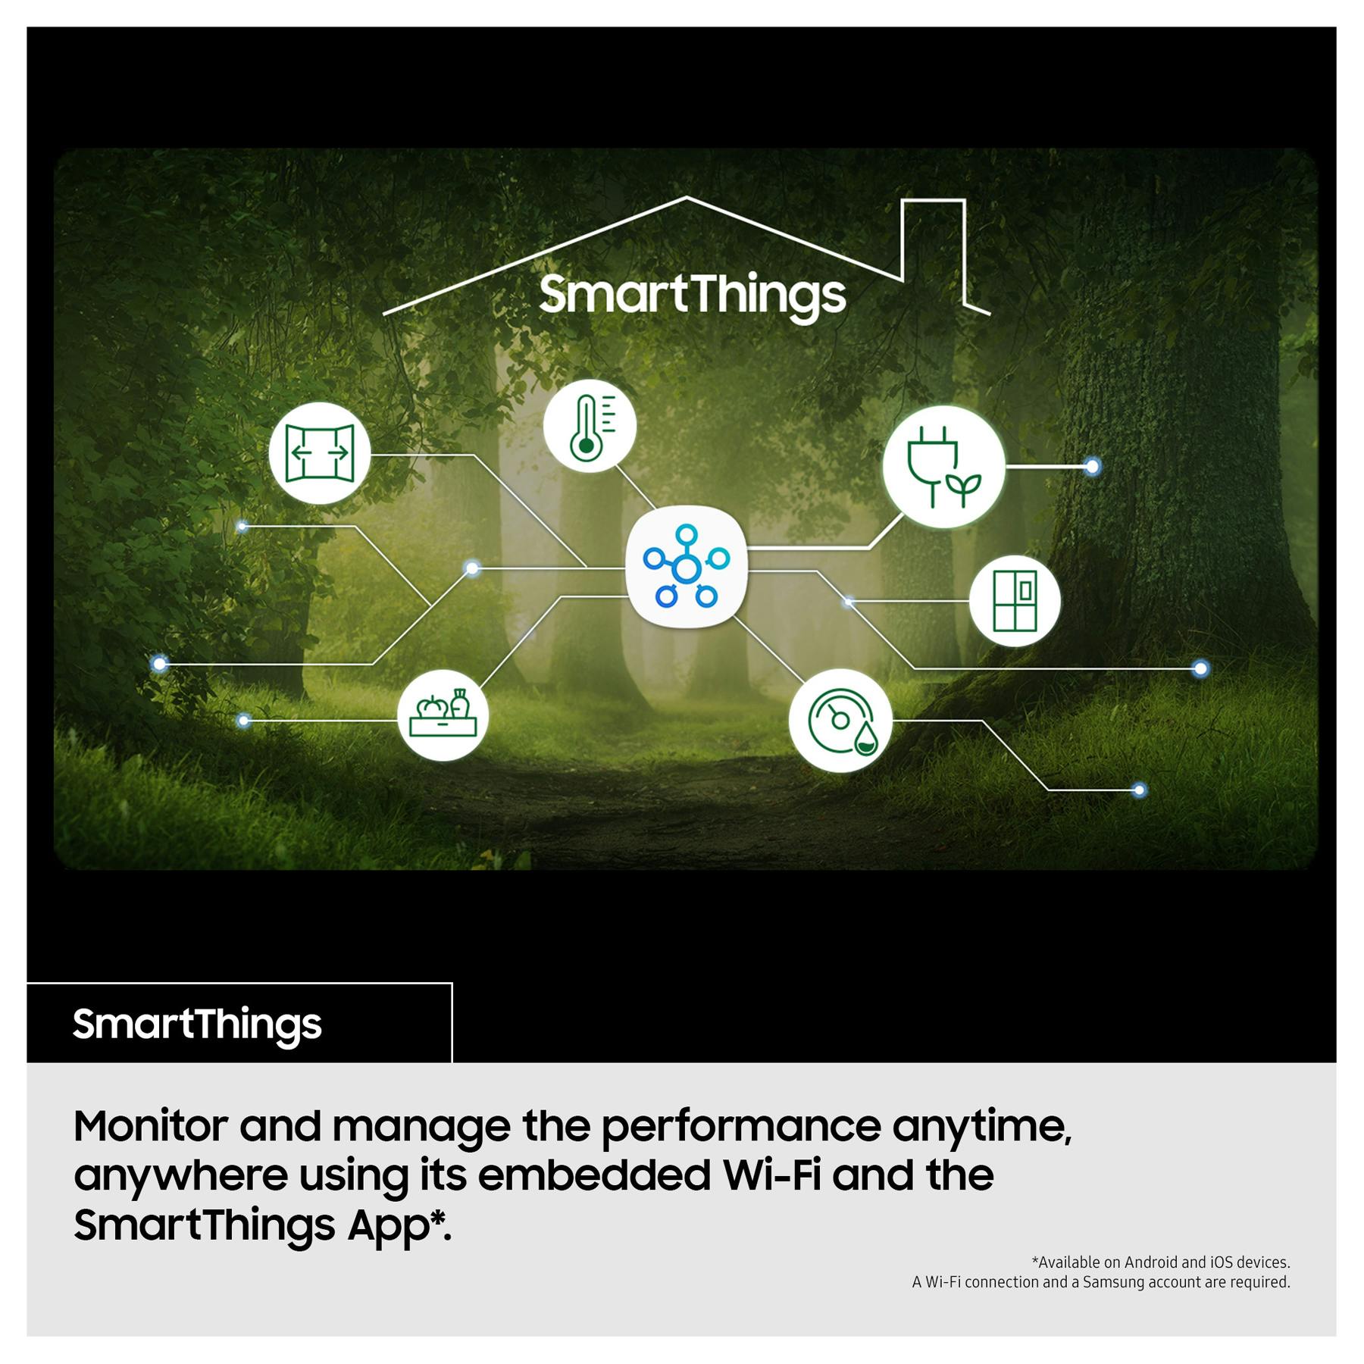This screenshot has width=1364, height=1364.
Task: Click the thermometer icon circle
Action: pyautogui.click(x=590, y=426)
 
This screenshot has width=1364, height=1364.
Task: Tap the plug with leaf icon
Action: pyautogui.click(x=943, y=466)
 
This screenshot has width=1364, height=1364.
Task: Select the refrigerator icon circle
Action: pyautogui.click(x=1015, y=601)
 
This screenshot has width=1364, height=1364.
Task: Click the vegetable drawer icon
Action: pyautogui.click(x=443, y=715)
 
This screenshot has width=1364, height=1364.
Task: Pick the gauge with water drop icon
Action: pyautogui.click(x=840, y=721)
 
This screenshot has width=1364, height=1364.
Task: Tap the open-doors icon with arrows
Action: pyautogui.click(x=320, y=453)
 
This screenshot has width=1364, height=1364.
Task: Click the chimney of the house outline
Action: pyautogui.click(x=933, y=201)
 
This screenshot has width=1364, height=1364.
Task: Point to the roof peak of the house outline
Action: pyautogui.click(x=687, y=198)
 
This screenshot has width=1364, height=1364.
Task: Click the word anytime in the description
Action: pyautogui.click(x=982, y=1128)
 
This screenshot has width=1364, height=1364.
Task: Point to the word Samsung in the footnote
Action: pyautogui.click(x=1113, y=1282)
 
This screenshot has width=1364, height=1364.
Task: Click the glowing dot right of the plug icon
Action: pyautogui.click(x=1092, y=467)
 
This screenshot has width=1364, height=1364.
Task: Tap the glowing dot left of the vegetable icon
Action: pyautogui.click(x=243, y=720)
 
